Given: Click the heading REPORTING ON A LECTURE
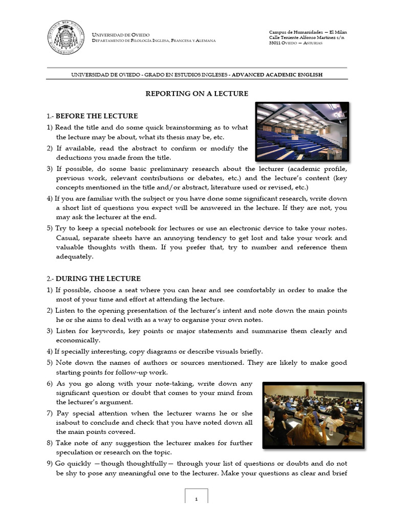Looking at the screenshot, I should pyautogui.click(x=197, y=94).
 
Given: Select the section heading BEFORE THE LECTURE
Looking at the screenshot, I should pyautogui.click(x=97, y=116).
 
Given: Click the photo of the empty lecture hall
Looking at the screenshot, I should pyautogui.click(x=301, y=132).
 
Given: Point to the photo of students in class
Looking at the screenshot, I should pyautogui.click(x=313, y=415).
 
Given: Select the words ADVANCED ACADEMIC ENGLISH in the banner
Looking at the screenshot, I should pyautogui.click(x=277, y=75).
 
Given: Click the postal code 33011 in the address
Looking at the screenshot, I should pyautogui.click(x=275, y=43).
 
